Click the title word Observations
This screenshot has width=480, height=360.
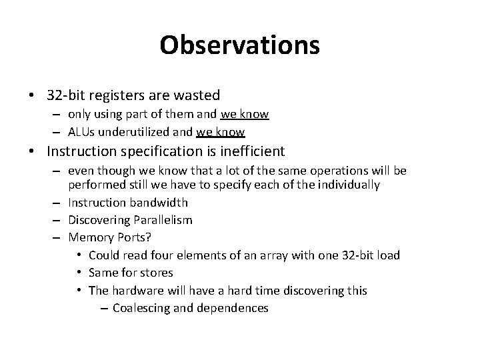[x=239, y=45]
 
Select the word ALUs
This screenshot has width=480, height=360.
[x=81, y=131]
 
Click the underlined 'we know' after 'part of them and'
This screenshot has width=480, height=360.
[x=245, y=115]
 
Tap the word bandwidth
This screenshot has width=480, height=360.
[x=158, y=203]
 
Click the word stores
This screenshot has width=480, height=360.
[x=157, y=272]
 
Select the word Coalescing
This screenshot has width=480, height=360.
[x=143, y=307]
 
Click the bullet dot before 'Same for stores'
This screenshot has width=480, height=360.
[x=80, y=273]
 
